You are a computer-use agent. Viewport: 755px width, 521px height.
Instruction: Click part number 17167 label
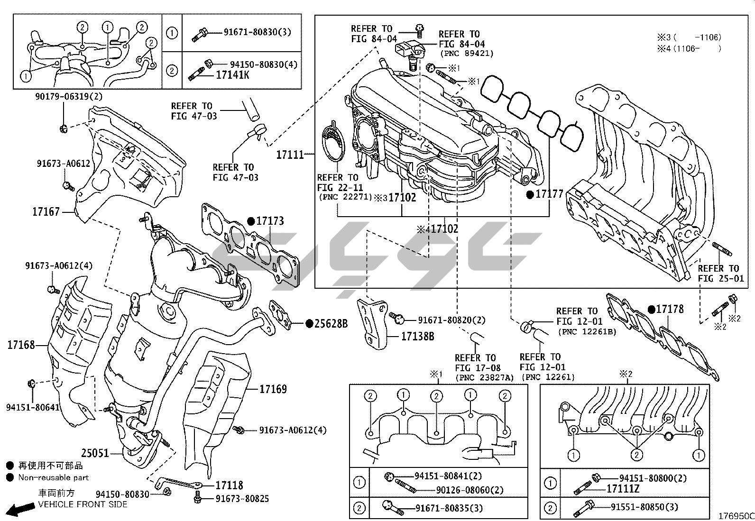tap(46, 211)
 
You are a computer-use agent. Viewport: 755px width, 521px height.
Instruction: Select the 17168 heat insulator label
tap(21, 345)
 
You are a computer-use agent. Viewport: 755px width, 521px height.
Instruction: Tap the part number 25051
tap(95, 453)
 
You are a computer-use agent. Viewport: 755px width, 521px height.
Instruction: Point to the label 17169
tap(273, 389)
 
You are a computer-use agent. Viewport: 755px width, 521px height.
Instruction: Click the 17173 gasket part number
tap(270, 221)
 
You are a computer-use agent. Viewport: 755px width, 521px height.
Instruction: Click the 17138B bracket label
tap(417, 337)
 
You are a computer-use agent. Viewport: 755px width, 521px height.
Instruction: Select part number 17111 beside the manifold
tap(290, 155)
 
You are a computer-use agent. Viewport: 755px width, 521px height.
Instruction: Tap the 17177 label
tap(549, 194)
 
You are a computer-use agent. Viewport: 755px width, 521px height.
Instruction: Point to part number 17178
tap(670, 309)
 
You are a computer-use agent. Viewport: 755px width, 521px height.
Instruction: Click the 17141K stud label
tap(232, 75)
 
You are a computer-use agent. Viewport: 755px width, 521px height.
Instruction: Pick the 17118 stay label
tap(229, 485)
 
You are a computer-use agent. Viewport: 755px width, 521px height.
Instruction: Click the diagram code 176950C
tap(735, 515)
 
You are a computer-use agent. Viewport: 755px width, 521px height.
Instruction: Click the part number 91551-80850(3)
tap(644, 507)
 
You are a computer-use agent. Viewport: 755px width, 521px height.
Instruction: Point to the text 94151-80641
tap(33, 407)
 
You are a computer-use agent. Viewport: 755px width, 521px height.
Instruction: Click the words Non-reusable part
tap(53, 477)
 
